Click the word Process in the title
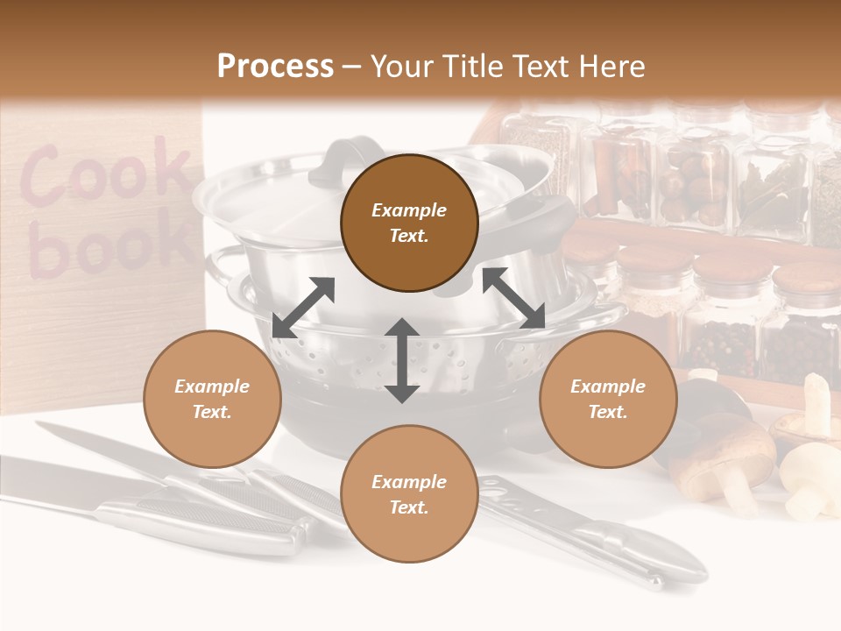(x=275, y=66)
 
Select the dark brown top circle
(x=409, y=223)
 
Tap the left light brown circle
(x=212, y=400)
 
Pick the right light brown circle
(x=608, y=400)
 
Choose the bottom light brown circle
(x=409, y=494)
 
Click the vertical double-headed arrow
(x=402, y=360)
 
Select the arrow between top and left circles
(x=303, y=308)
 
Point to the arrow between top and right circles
(x=513, y=298)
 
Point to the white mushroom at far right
(x=810, y=478)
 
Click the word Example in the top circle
(x=409, y=210)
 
